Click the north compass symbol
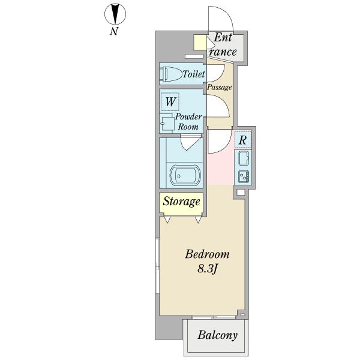coord(115,14)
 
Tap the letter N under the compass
coord(114,31)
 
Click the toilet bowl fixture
coord(172,74)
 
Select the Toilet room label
coord(194,74)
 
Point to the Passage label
coord(219,87)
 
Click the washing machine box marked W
coord(170,102)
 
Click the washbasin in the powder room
coord(167,124)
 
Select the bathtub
coord(185,176)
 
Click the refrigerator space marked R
coord(243,140)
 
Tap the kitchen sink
coord(244,158)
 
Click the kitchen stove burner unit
coord(244,176)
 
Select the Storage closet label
coord(181,202)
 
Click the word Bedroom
coord(207,254)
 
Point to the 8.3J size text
coord(208,268)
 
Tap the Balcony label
coord(217,335)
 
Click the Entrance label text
coord(223,45)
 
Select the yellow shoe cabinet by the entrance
coord(200,42)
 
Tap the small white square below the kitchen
coord(241,192)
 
